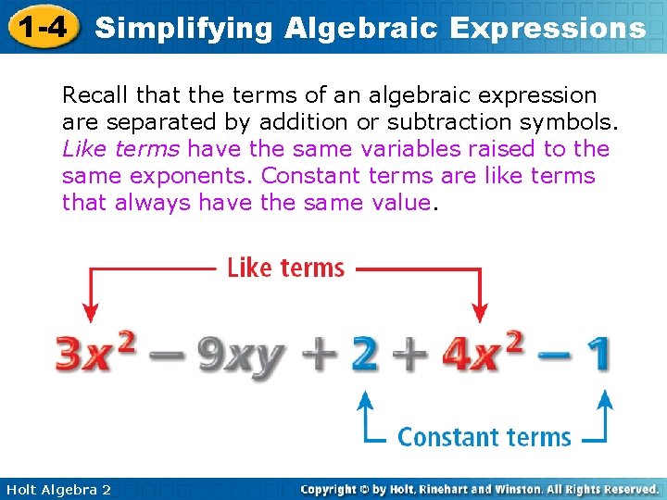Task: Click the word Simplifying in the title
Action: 183,28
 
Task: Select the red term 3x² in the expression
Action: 97,354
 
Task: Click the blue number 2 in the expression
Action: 364,354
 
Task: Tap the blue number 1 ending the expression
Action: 598,354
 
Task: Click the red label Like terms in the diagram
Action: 285,269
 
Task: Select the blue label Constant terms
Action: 484,436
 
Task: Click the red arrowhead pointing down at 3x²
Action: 89,314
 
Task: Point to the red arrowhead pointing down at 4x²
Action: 481,314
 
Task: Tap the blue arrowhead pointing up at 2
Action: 366,399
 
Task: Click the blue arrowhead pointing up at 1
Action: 604,399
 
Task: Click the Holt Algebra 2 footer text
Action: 57,489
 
